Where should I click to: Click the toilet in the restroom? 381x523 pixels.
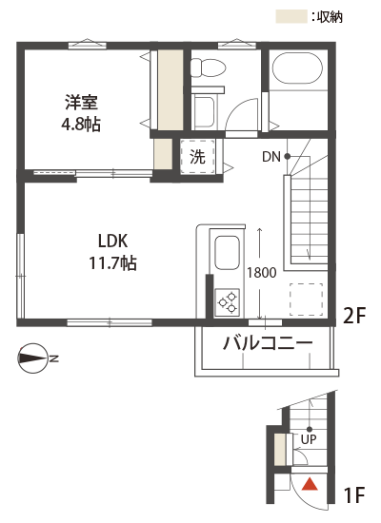coord(208,68)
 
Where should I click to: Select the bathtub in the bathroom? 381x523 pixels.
coord(297,68)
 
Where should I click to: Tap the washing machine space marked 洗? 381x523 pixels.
coord(197,156)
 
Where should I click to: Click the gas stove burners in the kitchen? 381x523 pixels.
coord(228,302)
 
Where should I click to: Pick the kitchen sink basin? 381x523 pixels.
coord(228,253)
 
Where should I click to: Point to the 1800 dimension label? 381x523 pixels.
coord(262,273)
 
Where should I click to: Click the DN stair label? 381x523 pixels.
coord(271,157)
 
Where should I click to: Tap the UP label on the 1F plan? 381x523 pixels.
coord(309,439)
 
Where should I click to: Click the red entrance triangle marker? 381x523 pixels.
coord(310,484)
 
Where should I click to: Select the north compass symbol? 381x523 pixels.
coord(32,358)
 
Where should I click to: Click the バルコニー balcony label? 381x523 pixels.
coord(268,342)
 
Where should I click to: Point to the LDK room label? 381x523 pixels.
coord(112,241)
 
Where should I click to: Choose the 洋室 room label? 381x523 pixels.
coord(81,103)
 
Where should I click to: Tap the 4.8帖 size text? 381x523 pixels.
coord(81,124)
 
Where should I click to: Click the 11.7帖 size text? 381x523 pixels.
coord(112,262)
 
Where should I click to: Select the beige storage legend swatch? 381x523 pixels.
coord(291,17)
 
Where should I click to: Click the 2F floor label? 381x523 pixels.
coord(355,316)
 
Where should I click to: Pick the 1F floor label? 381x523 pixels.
coord(354,494)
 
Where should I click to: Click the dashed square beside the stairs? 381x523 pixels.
coord(307,300)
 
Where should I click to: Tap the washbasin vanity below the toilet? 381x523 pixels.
coord(204,109)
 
